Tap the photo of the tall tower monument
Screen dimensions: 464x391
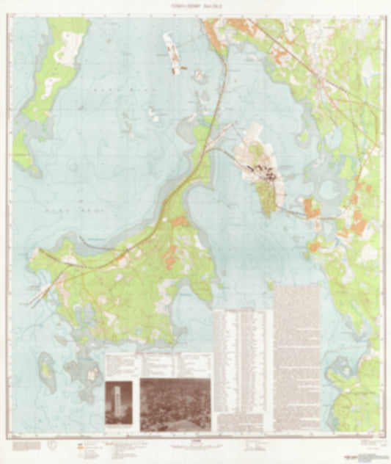click(x=119, y=402)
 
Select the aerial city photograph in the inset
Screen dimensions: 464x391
click(x=175, y=404)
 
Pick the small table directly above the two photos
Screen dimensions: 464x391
click(x=159, y=364)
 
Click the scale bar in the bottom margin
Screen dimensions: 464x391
click(x=195, y=446)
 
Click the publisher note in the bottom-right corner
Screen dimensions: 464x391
click(x=370, y=444)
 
